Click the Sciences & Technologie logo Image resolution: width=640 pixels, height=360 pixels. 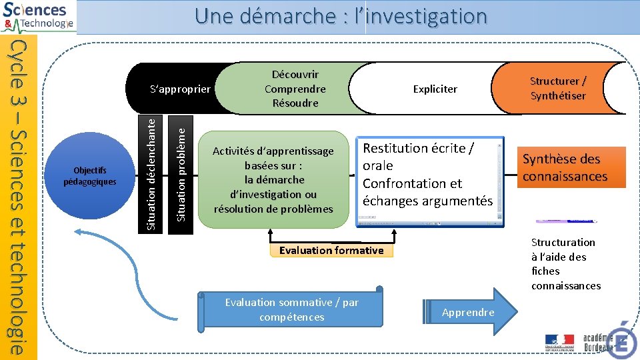point(39,17)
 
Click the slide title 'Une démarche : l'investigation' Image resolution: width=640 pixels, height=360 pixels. point(341,16)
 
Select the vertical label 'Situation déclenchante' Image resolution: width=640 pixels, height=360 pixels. point(152,174)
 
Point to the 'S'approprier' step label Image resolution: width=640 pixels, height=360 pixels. point(179,89)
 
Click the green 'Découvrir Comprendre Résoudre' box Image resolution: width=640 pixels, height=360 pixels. point(295,89)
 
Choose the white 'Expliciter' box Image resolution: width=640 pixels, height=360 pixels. point(435,89)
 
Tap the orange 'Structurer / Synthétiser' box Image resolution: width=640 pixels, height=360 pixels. point(558,88)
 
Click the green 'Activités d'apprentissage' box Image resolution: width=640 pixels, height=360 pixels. point(273,179)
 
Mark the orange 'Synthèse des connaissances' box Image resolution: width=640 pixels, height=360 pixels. point(565,167)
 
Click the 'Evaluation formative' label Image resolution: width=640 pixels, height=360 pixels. point(331,251)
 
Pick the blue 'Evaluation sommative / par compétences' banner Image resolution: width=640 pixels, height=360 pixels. point(292,310)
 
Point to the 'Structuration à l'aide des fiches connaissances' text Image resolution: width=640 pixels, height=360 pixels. point(565,264)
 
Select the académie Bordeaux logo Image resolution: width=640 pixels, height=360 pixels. point(597,342)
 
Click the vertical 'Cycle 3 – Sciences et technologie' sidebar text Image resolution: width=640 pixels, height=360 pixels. point(20,197)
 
